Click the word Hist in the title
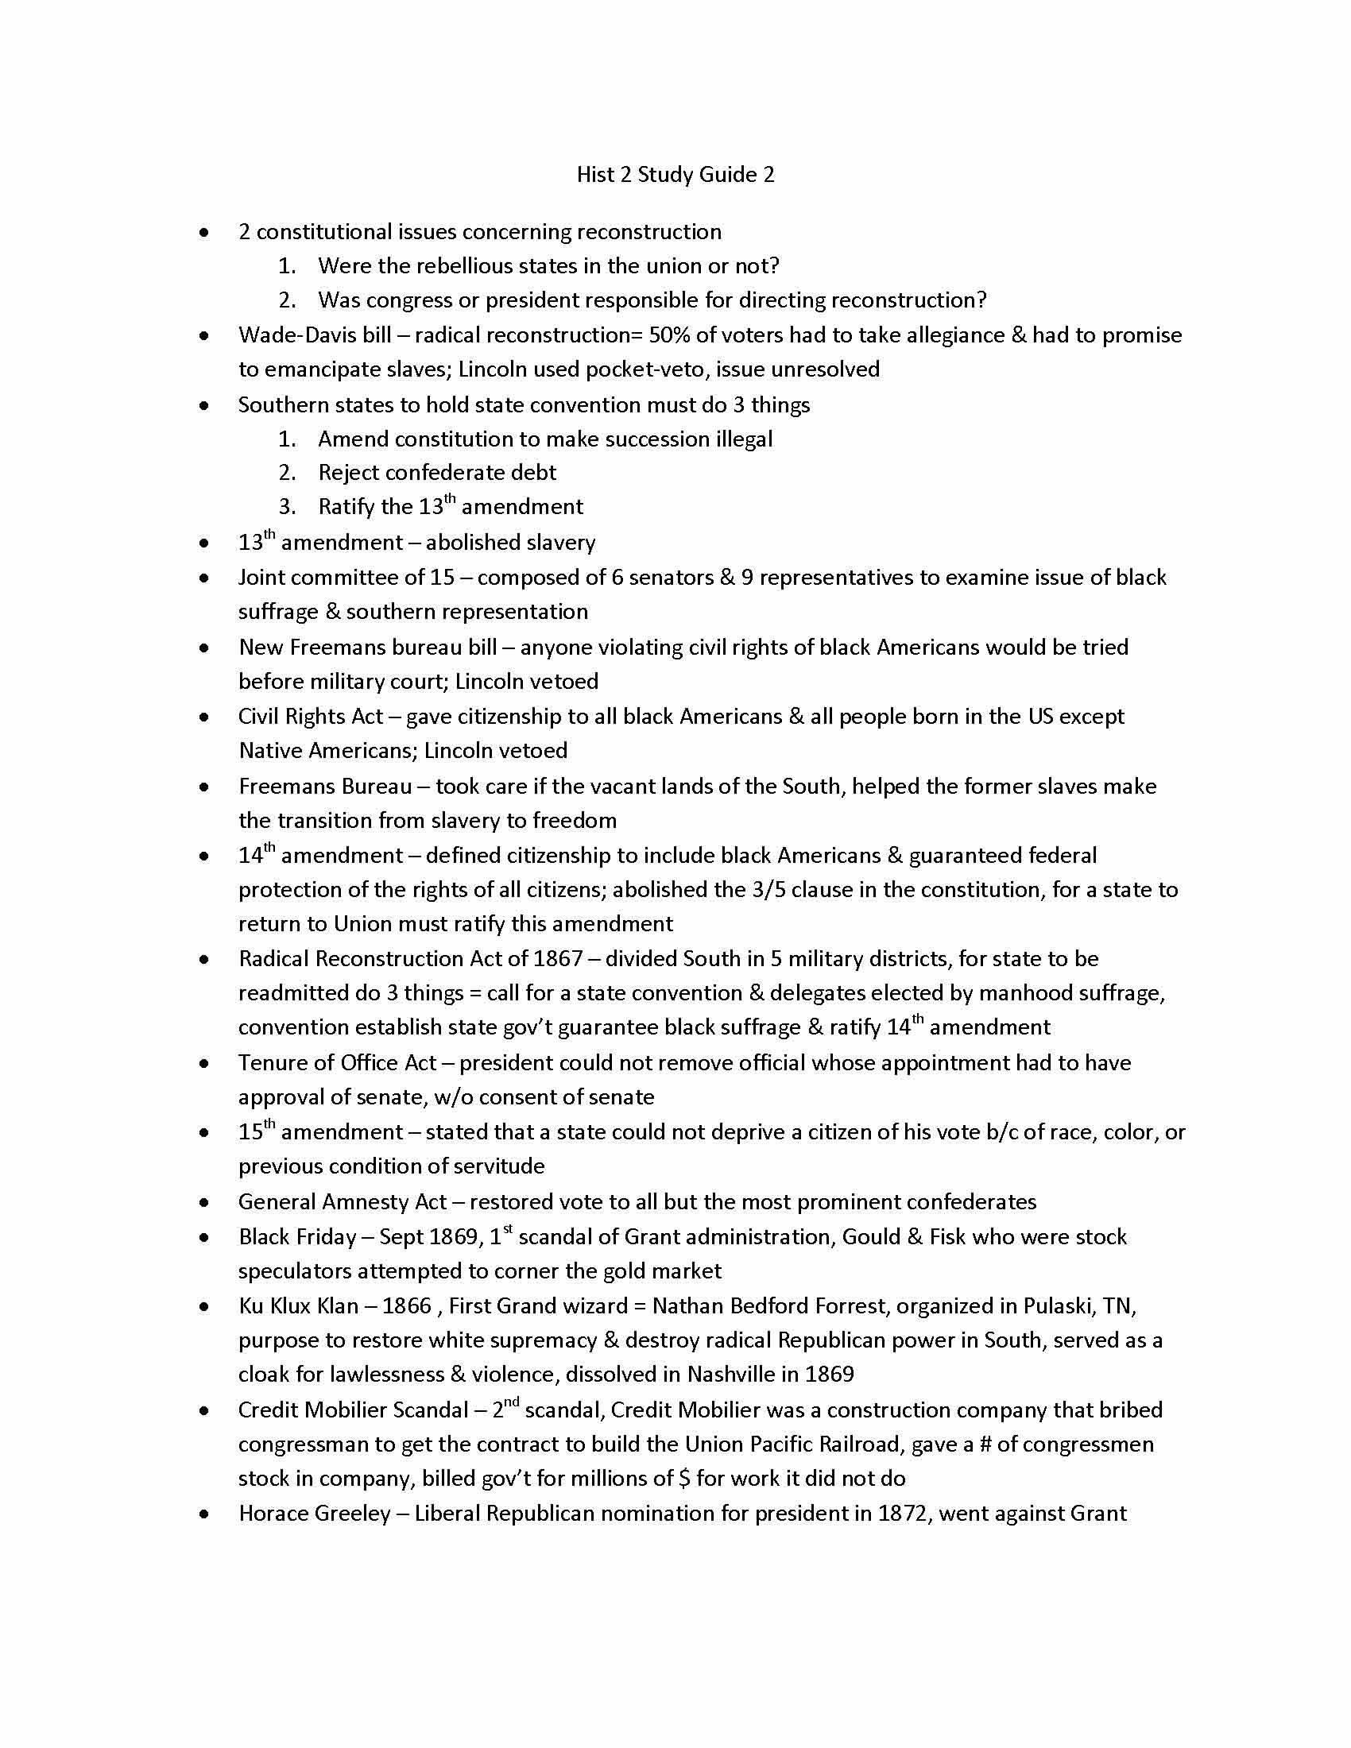click(x=594, y=175)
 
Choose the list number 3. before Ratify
click(x=288, y=507)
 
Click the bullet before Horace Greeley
click(x=205, y=1514)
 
